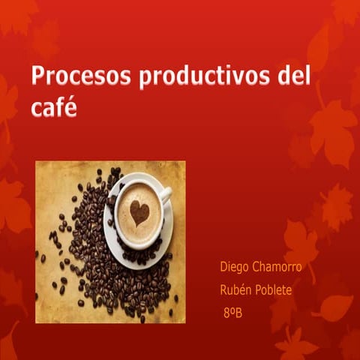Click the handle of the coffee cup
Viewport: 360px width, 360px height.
pos(166,194)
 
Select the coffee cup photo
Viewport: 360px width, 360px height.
pos(110,241)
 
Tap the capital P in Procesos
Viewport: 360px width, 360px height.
pos(38,77)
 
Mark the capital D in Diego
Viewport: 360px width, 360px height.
pos(223,267)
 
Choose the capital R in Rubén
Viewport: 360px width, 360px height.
pos(223,289)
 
